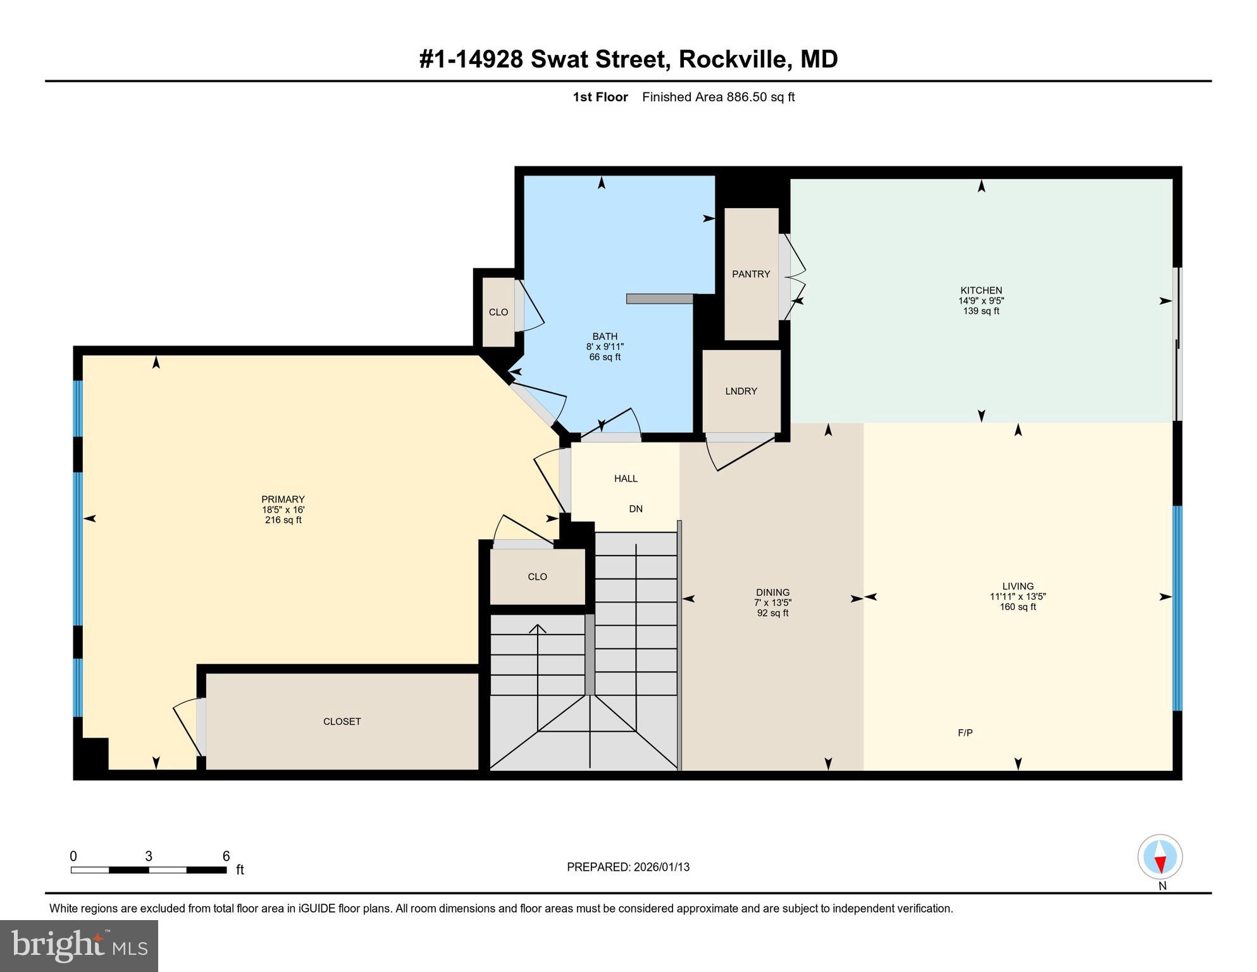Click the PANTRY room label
pyautogui.click(x=751, y=274)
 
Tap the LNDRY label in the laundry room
pyautogui.click(x=741, y=391)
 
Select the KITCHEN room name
pyautogui.click(x=981, y=290)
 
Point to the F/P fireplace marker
pyautogui.click(x=965, y=733)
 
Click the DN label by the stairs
pyautogui.click(x=636, y=509)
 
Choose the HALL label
pyautogui.click(x=626, y=478)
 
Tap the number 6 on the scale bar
pyautogui.click(x=226, y=856)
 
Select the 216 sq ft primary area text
pyautogui.click(x=283, y=520)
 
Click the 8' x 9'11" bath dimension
pyautogui.click(x=605, y=347)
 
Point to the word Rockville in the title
pyautogui.click(x=734, y=59)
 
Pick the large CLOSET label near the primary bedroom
pyautogui.click(x=342, y=721)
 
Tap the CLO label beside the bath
pyautogui.click(x=498, y=312)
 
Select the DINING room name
pyautogui.click(x=772, y=592)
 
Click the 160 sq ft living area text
pyautogui.click(x=1018, y=607)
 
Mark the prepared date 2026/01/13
pyautogui.click(x=660, y=867)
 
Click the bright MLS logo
pyautogui.click(x=79, y=945)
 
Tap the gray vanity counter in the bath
pyautogui.click(x=659, y=299)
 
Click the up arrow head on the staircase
pyautogui.click(x=538, y=628)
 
